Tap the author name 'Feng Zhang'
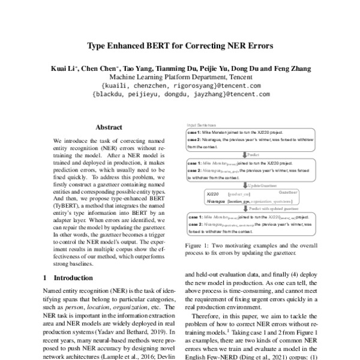click(x=291, y=68)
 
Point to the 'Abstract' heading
click(x=109, y=127)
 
